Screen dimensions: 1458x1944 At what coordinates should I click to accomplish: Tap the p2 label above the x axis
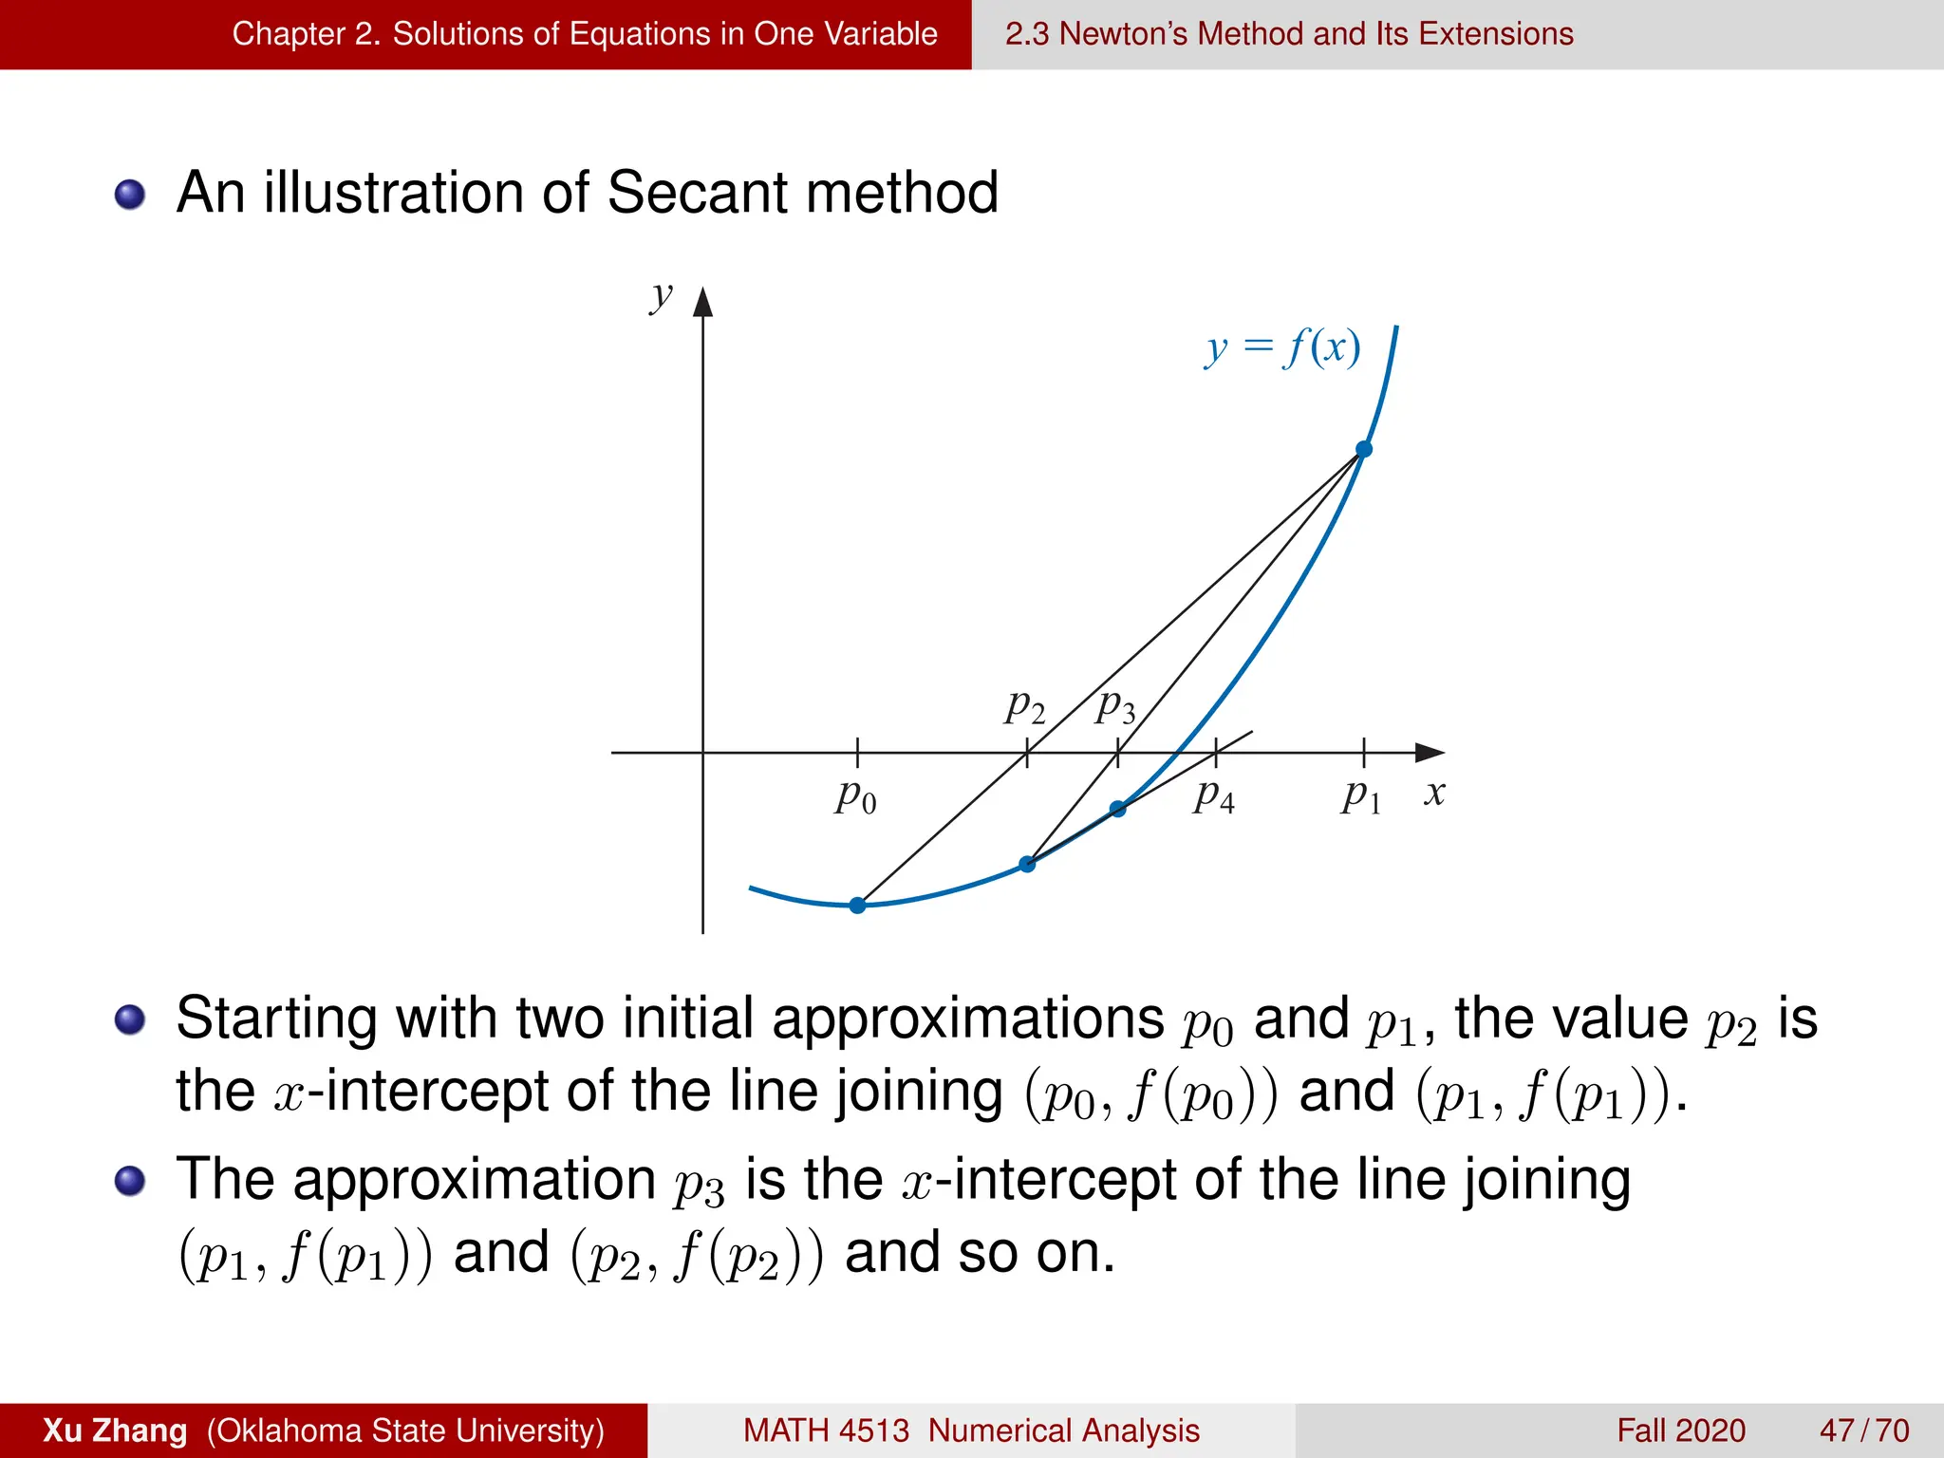[1025, 706]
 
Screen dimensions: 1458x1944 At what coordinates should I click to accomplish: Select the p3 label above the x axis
[1115, 706]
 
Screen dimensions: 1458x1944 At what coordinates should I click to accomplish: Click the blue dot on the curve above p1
[1364, 449]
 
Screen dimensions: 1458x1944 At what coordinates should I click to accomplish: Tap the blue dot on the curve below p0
[857, 906]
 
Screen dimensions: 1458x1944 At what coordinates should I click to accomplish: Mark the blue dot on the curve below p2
[1027, 864]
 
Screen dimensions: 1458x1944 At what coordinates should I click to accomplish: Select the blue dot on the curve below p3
[1118, 809]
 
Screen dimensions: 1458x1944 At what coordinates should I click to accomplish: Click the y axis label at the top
[661, 296]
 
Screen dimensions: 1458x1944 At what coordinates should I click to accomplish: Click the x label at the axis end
[1434, 793]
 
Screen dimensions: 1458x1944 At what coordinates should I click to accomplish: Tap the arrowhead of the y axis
[702, 302]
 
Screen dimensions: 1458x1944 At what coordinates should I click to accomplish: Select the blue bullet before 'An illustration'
[130, 195]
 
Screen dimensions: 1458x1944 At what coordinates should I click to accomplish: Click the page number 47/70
[1864, 1430]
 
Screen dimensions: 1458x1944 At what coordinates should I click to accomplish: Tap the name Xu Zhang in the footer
[115, 1430]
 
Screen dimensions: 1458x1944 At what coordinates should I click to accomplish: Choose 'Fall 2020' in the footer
[1681, 1430]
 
